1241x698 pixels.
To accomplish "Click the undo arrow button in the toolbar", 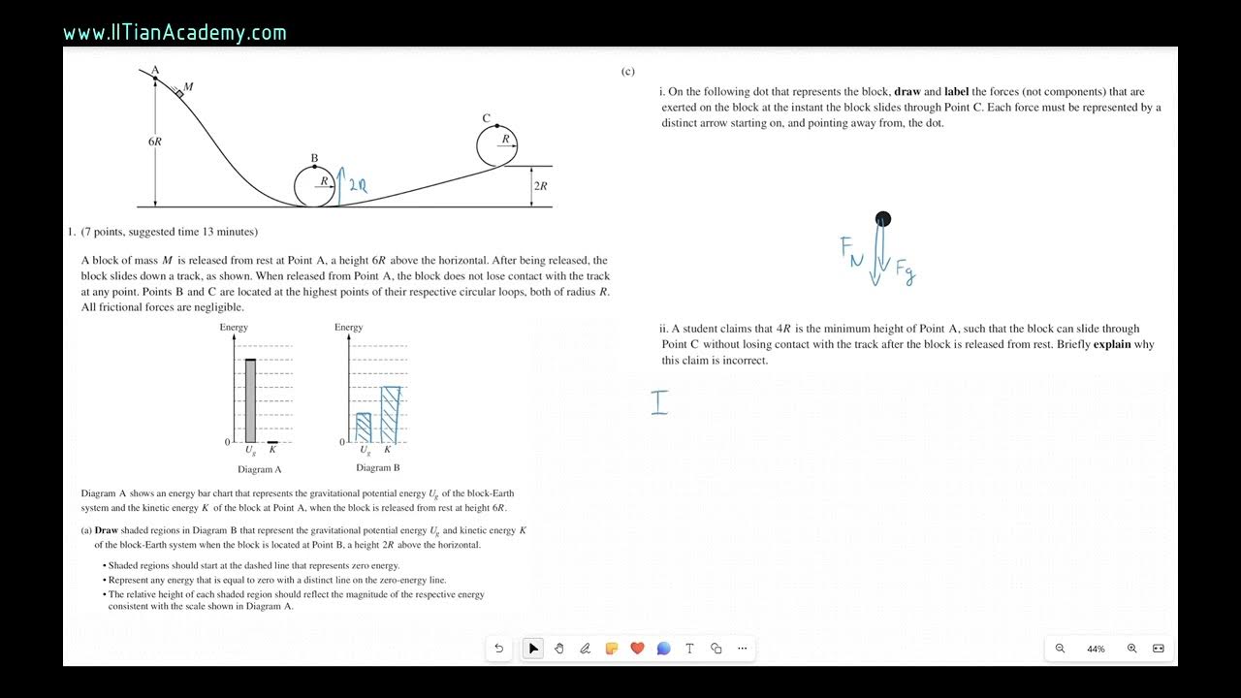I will click(x=499, y=649).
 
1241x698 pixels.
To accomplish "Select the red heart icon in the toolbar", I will click(x=637, y=649).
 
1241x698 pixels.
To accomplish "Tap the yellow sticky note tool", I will click(x=612, y=649).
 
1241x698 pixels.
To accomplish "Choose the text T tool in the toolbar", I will click(x=689, y=649).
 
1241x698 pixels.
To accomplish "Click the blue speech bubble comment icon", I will click(x=663, y=649).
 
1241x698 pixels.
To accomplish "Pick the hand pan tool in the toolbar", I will click(x=559, y=649).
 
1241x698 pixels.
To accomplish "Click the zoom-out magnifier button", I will click(x=1060, y=649).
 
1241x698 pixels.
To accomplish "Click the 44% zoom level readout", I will click(x=1096, y=649).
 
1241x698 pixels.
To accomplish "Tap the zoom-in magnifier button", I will click(x=1131, y=649).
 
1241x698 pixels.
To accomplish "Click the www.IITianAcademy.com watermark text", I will click(x=175, y=33).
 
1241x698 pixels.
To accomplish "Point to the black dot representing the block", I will click(x=882, y=219).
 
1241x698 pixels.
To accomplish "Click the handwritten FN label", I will click(x=850, y=249).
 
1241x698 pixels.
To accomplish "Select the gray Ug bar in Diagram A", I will click(x=250, y=400).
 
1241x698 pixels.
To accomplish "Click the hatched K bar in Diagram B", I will click(x=390, y=415).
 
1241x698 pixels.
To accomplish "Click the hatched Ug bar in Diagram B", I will click(x=364, y=428).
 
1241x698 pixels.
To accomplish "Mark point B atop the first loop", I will click(x=314, y=166).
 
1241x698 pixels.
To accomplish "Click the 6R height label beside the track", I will click(x=155, y=142).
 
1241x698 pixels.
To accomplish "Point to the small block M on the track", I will click(x=179, y=93).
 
